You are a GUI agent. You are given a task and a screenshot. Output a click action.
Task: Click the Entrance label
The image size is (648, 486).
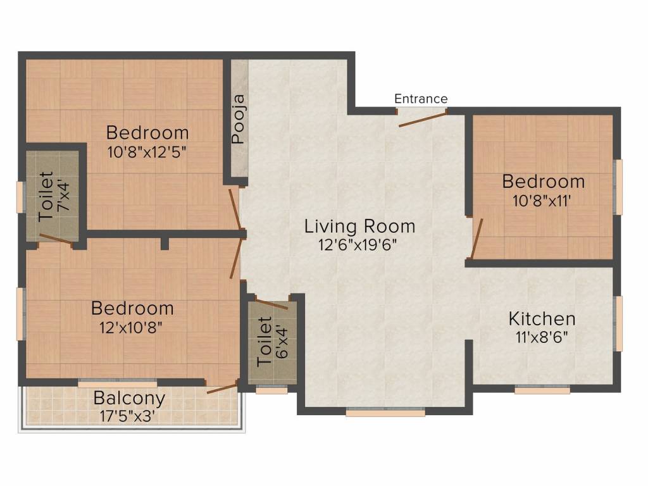coord(421,99)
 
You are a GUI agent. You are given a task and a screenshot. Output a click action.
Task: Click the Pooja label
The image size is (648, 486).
coord(239,120)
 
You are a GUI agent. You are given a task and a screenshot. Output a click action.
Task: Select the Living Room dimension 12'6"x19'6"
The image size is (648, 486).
coord(358,245)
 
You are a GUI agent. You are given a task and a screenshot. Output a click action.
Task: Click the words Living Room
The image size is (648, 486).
coord(359,226)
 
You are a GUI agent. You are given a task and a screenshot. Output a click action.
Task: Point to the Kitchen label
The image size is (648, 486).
coord(542,319)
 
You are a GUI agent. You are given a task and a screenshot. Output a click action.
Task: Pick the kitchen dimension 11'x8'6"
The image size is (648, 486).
coord(542,338)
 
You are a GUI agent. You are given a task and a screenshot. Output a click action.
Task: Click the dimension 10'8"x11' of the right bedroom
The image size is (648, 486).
coord(542,201)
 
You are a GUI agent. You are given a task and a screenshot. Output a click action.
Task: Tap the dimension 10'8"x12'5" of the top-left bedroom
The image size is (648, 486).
coord(147,153)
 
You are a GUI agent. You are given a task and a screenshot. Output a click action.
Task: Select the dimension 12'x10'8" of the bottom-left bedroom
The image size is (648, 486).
coord(130,328)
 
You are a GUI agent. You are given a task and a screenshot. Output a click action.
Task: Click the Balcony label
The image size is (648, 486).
coord(129,398)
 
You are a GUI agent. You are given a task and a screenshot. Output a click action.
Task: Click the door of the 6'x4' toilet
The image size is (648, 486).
coord(271,304)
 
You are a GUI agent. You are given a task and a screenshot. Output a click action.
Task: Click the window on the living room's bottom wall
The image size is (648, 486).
coord(385,413)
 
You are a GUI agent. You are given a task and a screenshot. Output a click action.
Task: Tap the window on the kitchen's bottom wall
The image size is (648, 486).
coord(542,390)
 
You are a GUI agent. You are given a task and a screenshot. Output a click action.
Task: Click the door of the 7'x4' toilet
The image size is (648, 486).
coord(56,239)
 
